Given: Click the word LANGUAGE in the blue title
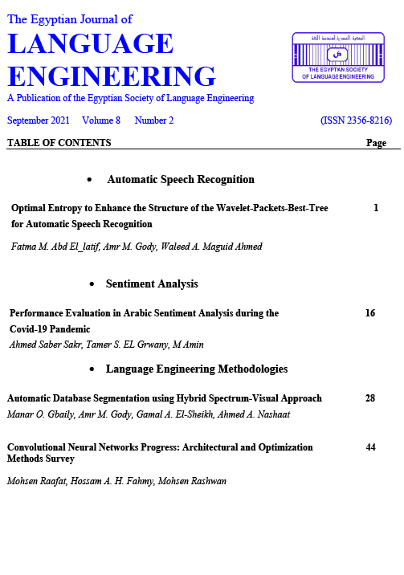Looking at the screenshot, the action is pos(90,45).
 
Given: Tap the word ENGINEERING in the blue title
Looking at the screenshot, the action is pos(111,76).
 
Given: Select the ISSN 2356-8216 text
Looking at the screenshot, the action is pos(355,120).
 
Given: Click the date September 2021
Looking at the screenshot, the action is pos(38,120).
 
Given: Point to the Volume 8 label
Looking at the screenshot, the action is pos(101,120).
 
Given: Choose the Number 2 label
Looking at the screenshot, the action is pos(154,120).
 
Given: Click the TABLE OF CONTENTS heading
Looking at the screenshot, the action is pos(59,143).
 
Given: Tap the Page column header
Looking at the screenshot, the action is pos(376,143).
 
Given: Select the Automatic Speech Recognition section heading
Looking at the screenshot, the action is pos(181,179).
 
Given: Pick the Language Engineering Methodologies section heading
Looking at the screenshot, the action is pos(197,369).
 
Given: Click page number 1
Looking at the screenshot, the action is pos(376,207).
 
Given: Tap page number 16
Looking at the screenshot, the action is pos(370,313).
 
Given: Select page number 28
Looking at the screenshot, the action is pos(370,398).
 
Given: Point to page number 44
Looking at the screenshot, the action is pos(370,446).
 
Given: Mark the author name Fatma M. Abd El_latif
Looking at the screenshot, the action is pos(53,246).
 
